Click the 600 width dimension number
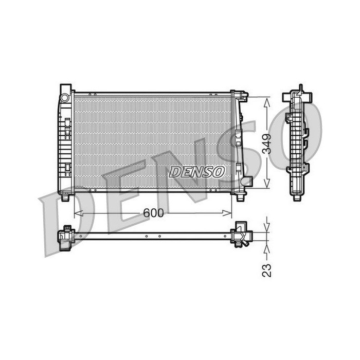click(x=153, y=213)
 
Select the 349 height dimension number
click(x=267, y=143)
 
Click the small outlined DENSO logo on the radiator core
click(x=196, y=172)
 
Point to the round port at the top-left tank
click(x=65, y=98)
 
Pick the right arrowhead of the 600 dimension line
click(x=227, y=213)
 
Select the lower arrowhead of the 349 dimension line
click(x=266, y=184)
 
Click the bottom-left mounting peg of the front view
click(x=65, y=197)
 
